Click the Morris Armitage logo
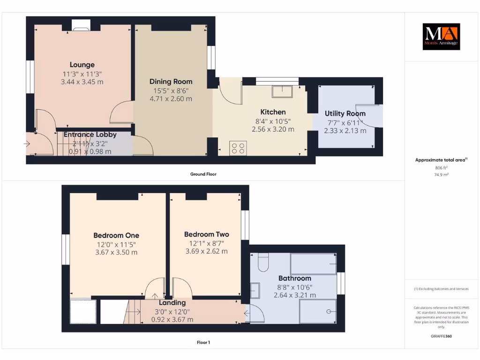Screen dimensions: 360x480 point(442,37)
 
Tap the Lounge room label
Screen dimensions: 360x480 point(82,65)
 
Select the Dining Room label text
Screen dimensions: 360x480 point(171,82)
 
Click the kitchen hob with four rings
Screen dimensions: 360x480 point(238,148)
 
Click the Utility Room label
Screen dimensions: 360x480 point(345,113)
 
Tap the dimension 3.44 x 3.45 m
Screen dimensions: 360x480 point(82,82)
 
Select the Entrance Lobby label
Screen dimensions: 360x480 point(90,135)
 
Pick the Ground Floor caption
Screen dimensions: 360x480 point(203,174)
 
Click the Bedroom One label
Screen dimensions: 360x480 point(116,235)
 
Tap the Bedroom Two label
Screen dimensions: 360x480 point(206,234)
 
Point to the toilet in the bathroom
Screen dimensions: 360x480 point(262,262)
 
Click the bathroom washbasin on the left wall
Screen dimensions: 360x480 point(255,291)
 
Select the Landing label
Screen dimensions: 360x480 point(172,303)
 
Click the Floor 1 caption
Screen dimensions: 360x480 point(203,343)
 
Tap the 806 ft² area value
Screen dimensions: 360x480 point(441,167)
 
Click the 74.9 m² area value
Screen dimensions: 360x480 point(441,174)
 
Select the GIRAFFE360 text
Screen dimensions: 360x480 point(441,336)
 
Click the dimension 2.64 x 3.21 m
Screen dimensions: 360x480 point(294,295)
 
